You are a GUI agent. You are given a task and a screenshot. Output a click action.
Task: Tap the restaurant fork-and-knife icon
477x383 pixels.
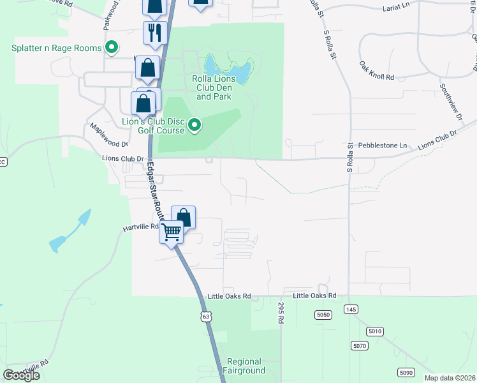click(x=154, y=32)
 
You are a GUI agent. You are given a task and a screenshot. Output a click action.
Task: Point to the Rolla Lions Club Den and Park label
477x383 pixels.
click(x=214, y=87)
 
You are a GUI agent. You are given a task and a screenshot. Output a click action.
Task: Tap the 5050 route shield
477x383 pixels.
click(x=323, y=315)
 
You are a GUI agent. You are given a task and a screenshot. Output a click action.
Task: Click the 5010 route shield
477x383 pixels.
click(x=374, y=331)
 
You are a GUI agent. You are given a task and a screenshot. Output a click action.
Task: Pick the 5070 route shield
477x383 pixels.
click(x=360, y=345)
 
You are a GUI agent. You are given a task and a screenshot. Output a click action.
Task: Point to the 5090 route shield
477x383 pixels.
click(x=406, y=372)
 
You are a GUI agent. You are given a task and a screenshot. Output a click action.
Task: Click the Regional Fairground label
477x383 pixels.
click(x=244, y=366)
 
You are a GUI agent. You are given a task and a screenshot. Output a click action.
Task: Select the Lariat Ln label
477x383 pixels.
click(x=399, y=9)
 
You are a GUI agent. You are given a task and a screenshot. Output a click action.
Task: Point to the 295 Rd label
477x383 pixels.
click(x=280, y=312)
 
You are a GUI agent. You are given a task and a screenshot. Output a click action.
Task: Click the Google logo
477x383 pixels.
click(x=22, y=375)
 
